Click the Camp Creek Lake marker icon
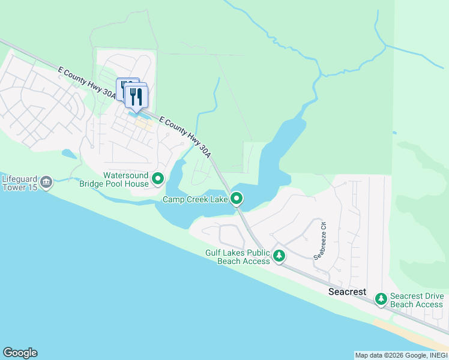[237, 198]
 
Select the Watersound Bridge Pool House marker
[158, 178]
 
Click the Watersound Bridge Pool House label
[113, 179]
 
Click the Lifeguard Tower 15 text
[20, 183]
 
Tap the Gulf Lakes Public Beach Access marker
[279, 256]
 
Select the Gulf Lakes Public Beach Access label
[237, 257]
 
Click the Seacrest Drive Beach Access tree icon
[381, 299]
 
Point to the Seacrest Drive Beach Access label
[417, 300]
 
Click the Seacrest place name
[348, 292]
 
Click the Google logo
[20, 353]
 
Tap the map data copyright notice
[401, 355]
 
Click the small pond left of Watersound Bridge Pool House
[69, 154]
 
